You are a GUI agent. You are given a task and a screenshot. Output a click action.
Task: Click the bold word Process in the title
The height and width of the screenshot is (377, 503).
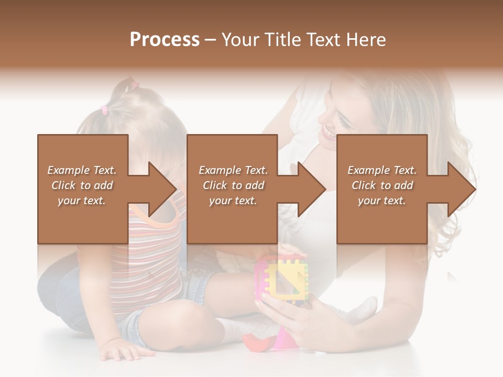[x=165, y=40]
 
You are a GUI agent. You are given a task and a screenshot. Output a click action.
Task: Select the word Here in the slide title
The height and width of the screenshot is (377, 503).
[x=366, y=40]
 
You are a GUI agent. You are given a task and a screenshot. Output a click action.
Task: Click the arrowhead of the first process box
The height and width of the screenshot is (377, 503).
[x=162, y=189]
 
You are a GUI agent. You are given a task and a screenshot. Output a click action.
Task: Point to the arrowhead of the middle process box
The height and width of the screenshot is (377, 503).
[x=312, y=189]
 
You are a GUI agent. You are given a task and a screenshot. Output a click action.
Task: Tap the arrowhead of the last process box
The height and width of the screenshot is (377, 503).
[x=462, y=189]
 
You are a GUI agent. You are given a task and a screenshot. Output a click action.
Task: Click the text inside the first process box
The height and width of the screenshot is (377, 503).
[x=82, y=185]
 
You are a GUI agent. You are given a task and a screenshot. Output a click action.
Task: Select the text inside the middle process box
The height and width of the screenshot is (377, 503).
[x=233, y=185]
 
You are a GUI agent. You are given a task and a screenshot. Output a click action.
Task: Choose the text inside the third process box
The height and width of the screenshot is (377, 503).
[x=382, y=185]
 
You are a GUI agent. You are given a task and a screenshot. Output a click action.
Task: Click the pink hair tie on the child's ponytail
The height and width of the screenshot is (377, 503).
[x=104, y=109]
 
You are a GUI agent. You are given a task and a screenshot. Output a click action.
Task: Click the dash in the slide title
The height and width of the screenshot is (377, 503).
[x=211, y=40]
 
